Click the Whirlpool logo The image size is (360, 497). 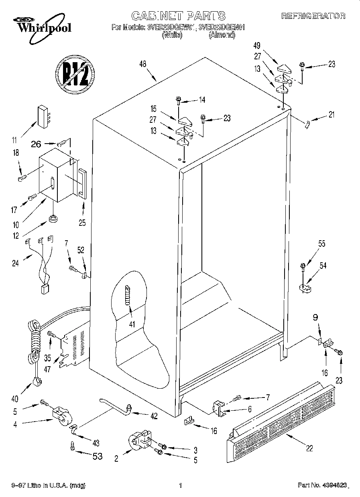pos(40,25)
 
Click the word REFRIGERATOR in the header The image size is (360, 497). pos(313,16)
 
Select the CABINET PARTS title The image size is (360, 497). pos(179,16)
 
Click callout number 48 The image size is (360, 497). pos(142,64)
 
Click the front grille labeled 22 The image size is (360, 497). pos(281,421)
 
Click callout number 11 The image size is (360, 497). pos(15,140)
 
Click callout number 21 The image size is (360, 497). pos(331,114)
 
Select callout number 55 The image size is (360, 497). pos(321,243)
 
